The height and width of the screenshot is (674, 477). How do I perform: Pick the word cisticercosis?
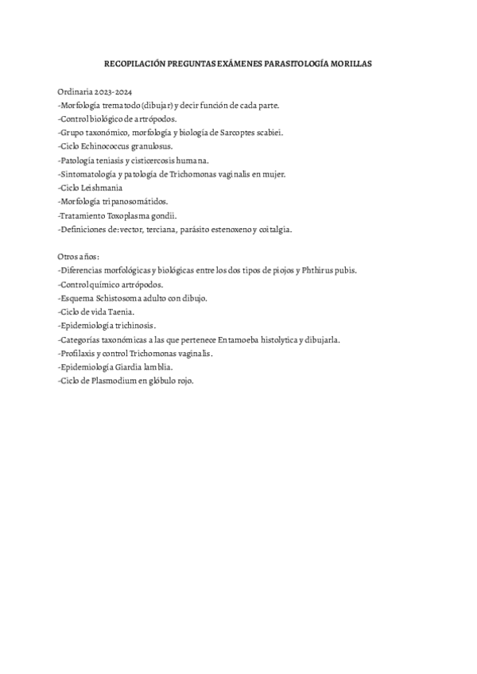(149, 160)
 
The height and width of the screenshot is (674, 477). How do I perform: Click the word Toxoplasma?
(129, 215)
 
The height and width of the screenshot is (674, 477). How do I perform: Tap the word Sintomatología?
(87, 174)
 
